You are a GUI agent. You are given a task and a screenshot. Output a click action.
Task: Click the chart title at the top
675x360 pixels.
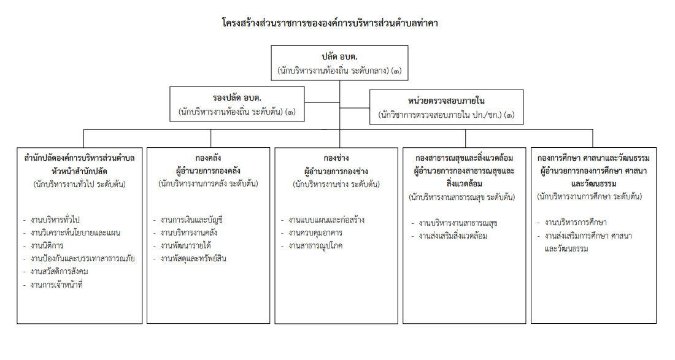pos(330,23)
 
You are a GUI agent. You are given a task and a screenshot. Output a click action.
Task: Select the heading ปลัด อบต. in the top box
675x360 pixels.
pos(340,56)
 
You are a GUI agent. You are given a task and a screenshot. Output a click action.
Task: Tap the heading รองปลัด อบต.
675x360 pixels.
pos(237,98)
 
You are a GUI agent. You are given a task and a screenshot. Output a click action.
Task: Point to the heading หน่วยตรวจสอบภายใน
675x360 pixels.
pos(446,101)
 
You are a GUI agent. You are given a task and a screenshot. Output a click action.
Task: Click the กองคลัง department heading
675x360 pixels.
pos(208,158)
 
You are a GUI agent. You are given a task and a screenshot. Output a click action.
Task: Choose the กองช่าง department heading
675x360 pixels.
pos(336,158)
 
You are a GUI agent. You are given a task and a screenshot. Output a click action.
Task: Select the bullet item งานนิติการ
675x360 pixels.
pos(47,245)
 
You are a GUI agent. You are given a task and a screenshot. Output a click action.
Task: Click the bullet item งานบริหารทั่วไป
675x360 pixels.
pos(55,220)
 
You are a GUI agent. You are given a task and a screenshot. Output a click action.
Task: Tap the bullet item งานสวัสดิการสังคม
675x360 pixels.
pos(60,272)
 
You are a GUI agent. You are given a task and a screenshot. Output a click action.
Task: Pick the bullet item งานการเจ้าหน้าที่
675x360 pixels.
pos(56,285)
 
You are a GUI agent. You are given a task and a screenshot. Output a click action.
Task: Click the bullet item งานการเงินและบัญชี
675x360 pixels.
pos(191,220)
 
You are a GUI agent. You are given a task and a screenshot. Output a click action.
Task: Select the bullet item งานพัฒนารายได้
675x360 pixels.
pos(185,245)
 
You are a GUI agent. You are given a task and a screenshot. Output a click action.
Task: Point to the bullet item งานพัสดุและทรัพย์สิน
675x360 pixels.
pos(193,258)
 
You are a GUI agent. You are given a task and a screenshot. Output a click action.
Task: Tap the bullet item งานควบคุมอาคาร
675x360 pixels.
pos(315,232)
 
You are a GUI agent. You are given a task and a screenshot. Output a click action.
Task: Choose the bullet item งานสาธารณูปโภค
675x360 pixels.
pos(315,245)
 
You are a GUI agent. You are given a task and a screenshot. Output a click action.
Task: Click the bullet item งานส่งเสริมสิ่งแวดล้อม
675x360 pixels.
pos(453,236)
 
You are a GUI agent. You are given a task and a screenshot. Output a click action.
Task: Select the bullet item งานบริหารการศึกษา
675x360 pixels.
pos(576,223)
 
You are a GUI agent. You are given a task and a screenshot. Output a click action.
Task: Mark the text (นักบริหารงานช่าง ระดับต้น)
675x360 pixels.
pos(336,184)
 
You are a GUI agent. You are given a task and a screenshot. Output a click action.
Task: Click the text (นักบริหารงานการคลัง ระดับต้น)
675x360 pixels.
pos(208,183)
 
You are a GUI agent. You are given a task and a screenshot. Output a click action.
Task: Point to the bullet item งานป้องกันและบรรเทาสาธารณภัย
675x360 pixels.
pos(83,258)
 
